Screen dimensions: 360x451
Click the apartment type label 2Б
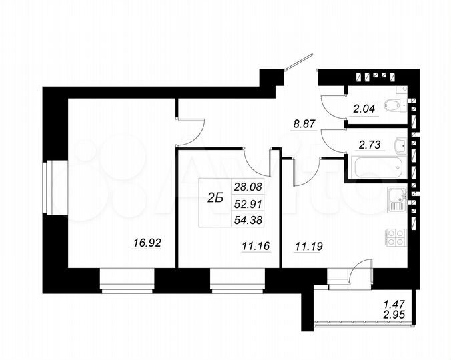(215, 198)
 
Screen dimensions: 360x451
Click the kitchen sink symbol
(398, 198)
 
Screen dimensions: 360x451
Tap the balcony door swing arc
(360, 269)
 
